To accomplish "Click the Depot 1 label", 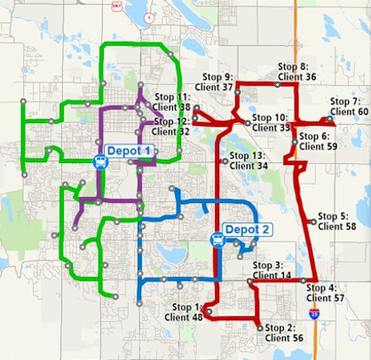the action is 130,152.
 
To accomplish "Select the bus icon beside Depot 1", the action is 99,160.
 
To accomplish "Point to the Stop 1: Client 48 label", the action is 184,311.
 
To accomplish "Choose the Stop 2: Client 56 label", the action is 284,333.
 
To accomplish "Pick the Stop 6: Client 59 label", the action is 319,141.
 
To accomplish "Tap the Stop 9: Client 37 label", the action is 217,82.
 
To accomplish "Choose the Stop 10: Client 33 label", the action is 271,122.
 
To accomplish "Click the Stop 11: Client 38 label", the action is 173,101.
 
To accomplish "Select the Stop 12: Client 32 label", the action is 172,126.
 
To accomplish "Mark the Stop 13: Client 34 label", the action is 249,160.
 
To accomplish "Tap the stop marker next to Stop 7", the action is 328,119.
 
